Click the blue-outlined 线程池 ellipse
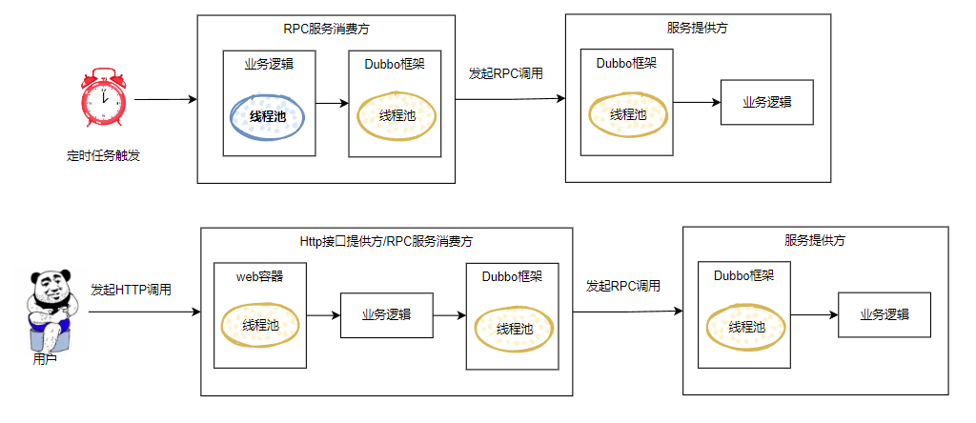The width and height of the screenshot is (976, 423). [x=268, y=116]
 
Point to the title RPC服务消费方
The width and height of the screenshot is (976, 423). [x=323, y=30]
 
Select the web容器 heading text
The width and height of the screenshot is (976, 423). [x=259, y=276]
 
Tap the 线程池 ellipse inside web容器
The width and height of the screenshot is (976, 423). [x=260, y=324]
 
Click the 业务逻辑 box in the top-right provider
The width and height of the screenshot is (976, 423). [x=766, y=102]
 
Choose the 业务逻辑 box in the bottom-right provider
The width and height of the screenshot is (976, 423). [x=884, y=314]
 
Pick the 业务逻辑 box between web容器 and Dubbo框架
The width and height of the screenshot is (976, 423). [x=386, y=314]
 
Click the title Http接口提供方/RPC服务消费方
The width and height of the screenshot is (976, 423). [x=386, y=242]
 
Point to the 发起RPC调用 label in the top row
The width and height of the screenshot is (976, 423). [x=506, y=73]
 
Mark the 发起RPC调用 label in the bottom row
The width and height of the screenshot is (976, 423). [x=623, y=286]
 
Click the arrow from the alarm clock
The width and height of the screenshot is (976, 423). [x=165, y=100]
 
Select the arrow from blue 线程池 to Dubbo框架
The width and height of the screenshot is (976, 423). [x=332, y=104]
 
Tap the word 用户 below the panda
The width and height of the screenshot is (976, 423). [x=45, y=360]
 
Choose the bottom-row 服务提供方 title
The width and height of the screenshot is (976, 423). [x=815, y=240]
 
